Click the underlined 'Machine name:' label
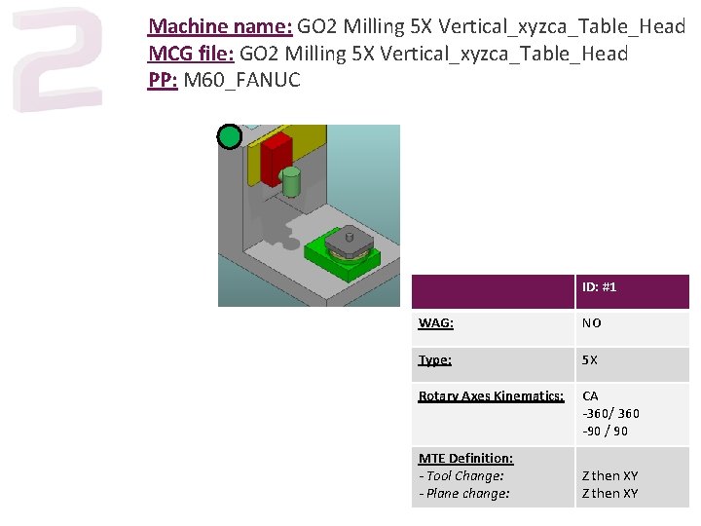click(220, 26)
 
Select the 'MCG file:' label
click(191, 54)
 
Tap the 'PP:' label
click(163, 80)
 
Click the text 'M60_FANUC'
click(241, 80)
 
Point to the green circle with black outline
click(230, 136)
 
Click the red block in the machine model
click(276, 158)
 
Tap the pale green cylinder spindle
click(291, 181)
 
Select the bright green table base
click(343, 258)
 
